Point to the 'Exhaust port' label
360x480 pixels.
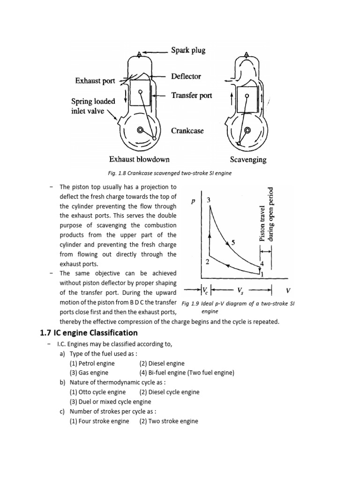point(95,81)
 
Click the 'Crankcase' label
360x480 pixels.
point(187,131)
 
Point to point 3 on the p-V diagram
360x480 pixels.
point(209,200)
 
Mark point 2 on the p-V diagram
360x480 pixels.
point(207,262)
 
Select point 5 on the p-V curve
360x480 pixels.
point(233,242)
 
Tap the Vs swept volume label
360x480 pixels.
point(241,289)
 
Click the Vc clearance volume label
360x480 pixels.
point(205,289)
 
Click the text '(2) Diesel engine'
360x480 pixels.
point(162,363)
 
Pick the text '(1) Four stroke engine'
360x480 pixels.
point(99,421)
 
